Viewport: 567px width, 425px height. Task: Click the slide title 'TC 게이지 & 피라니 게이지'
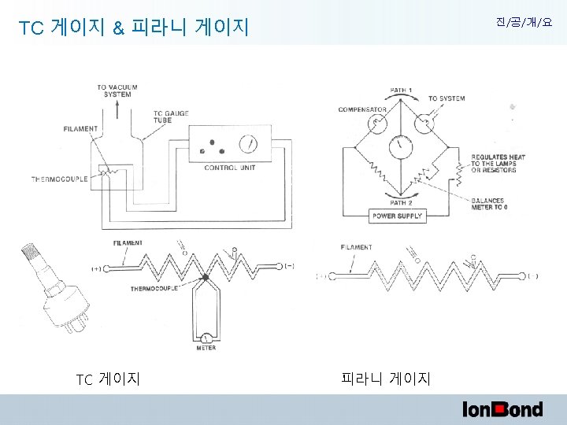[134, 28]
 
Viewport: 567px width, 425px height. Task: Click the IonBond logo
[502, 408]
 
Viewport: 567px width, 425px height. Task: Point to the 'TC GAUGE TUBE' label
[169, 117]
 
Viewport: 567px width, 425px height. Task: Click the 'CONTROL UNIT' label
[229, 168]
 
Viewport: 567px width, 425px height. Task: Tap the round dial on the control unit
[246, 144]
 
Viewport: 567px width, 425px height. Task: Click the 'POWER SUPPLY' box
[397, 216]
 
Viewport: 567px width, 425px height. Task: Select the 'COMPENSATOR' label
[361, 109]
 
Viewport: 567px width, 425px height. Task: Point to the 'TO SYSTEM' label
[447, 98]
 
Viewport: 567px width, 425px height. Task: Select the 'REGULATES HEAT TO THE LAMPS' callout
[498, 163]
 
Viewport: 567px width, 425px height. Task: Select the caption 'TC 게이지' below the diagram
[108, 379]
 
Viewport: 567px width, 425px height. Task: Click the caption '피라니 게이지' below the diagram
[386, 379]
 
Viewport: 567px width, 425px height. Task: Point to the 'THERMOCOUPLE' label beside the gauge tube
[59, 179]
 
